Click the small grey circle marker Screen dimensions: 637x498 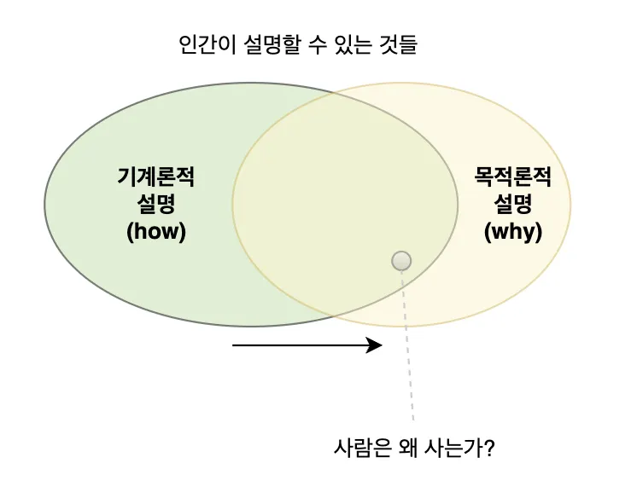[401, 261]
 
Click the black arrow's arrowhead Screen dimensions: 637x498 [375, 345]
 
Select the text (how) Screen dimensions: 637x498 [156, 231]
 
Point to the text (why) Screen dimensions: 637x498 [513, 231]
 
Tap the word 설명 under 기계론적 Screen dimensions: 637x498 [156, 204]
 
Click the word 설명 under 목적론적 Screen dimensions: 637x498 [513, 204]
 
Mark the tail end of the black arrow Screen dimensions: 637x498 [235, 345]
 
